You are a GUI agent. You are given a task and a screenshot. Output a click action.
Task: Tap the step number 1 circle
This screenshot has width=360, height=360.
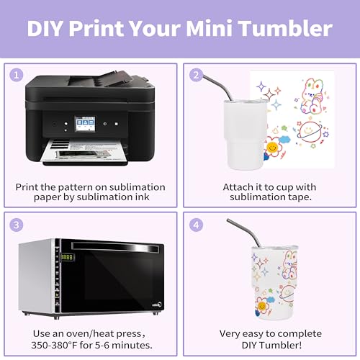[x=17, y=75]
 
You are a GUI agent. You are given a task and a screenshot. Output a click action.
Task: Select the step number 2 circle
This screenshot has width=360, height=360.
[x=196, y=75]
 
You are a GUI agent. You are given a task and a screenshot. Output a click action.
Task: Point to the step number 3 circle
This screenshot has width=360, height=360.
[x=17, y=225]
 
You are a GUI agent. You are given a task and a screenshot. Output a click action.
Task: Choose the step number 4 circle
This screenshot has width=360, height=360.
[x=196, y=225]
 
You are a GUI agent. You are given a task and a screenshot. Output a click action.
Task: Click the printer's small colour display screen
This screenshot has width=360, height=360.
[x=85, y=124]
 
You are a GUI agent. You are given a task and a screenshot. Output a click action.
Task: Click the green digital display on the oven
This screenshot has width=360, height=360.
[x=66, y=257]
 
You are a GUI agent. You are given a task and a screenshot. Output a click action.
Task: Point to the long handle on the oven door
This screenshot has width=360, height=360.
[x=115, y=247]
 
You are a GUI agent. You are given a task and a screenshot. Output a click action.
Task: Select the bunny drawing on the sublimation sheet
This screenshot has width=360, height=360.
[x=312, y=96]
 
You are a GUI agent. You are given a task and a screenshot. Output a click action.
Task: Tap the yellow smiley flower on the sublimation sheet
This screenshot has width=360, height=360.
[x=272, y=147]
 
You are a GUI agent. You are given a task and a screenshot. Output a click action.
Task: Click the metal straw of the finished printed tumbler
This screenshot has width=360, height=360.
[x=244, y=233]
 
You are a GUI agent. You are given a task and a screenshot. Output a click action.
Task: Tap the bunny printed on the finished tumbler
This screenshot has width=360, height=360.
[x=289, y=264]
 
